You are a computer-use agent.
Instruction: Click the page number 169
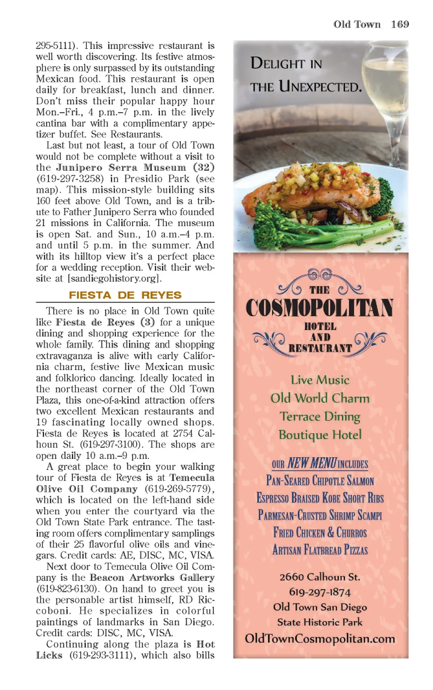coord(400,24)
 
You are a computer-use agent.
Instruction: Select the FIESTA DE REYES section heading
coord(125,295)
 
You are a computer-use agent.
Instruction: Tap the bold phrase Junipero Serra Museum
coord(121,167)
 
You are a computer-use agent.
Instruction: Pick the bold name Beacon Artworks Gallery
coord(152,578)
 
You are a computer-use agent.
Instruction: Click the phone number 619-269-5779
coord(177,489)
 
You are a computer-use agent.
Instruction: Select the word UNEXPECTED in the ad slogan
coord(320,87)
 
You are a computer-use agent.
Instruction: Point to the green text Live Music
coord(320,380)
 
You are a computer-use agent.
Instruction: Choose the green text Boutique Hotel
coord(320,435)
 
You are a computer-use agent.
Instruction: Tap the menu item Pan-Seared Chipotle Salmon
coord(320,481)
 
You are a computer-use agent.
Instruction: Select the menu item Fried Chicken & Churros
coord(320,532)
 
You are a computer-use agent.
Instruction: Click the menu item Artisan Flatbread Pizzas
coord(320,550)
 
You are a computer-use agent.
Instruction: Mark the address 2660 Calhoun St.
coord(320,577)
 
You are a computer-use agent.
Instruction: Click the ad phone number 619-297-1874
coord(320,592)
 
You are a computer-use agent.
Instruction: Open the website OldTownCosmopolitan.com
coord(320,638)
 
